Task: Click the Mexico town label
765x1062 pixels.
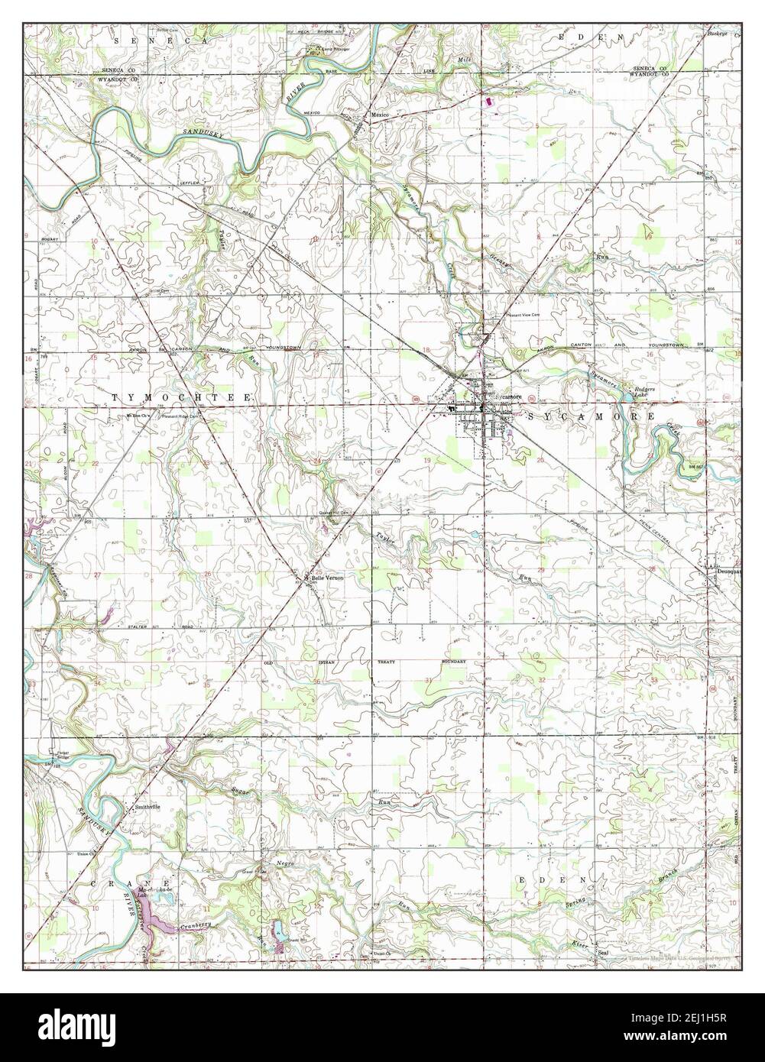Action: tap(381, 115)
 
